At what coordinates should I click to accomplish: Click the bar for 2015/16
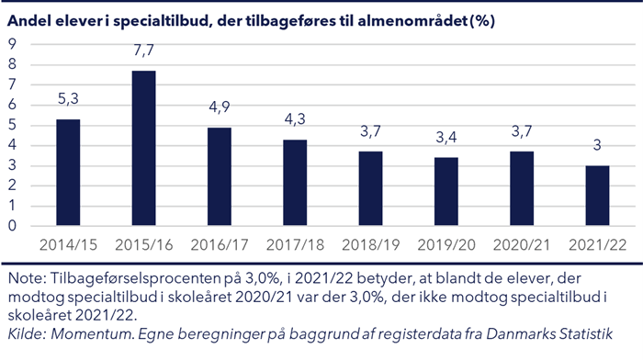coord(142,149)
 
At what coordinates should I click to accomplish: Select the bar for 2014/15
coord(68,173)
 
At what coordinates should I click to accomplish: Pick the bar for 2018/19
coord(370,188)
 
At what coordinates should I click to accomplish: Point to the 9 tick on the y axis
coord(12,44)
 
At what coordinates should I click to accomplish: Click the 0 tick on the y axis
coord(12,226)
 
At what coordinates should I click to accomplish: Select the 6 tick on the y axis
coord(12,105)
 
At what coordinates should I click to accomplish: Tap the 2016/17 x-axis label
coord(219,245)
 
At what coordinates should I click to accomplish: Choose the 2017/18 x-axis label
coord(295,245)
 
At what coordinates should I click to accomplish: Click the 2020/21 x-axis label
coord(521,245)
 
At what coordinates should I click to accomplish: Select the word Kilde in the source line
coord(26,335)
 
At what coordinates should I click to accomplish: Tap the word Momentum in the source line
coord(93,335)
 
